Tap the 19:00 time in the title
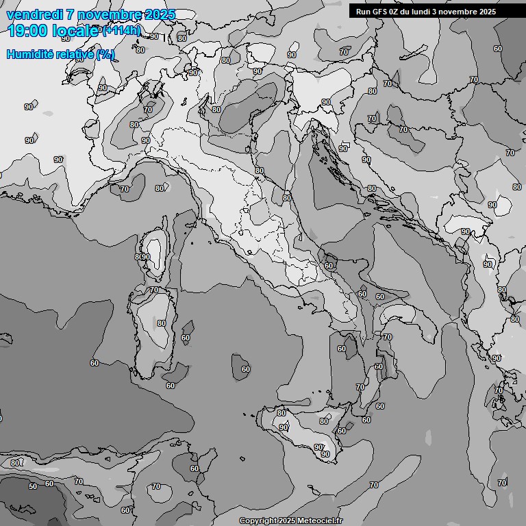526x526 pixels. [x=27, y=31]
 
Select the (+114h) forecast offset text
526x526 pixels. [x=121, y=30]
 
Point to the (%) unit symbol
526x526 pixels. [x=105, y=54]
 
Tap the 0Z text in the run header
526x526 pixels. [x=399, y=12]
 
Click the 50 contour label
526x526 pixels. [x=33, y=486]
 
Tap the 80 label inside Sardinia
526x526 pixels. [x=162, y=323]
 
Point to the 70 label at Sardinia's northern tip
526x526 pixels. [x=154, y=290]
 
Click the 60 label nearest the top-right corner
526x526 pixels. [x=498, y=49]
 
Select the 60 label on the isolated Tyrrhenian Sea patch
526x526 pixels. [x=246, y=369]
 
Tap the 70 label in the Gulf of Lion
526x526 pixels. [x=125, y=189]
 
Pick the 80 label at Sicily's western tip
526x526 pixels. [x=281, y=413]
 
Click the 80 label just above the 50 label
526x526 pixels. [x=16, y=464]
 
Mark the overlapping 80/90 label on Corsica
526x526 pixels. [x=142, y=257]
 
